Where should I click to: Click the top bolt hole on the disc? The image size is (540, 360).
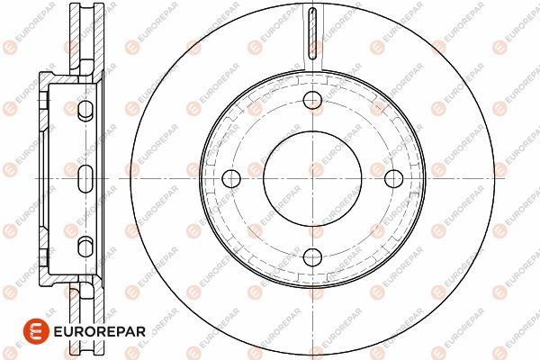pyautogui.click(x=312, y=100)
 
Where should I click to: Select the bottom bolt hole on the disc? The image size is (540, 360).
pyautogui.click(x=312, y=257)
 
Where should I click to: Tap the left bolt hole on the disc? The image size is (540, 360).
pyautogui.click(x=231, y=179)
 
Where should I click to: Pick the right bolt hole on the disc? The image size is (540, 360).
pyautogui.click(x=393, y=179)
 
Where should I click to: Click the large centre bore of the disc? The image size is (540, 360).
pyautogui.click(x=312, y=179)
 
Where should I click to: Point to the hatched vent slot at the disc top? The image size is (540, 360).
pyautogui.click(x=312, y=33)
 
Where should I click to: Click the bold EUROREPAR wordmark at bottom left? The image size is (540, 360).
pyautogui.click(x=100, y=331)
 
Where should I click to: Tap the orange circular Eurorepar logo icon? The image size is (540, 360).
pyautogui.click(x=36, y=331)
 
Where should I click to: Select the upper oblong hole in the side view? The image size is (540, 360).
pyautogui.click(x=85, y=111)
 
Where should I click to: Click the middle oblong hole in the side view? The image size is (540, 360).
pyautogui.click(x=85, y=179)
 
